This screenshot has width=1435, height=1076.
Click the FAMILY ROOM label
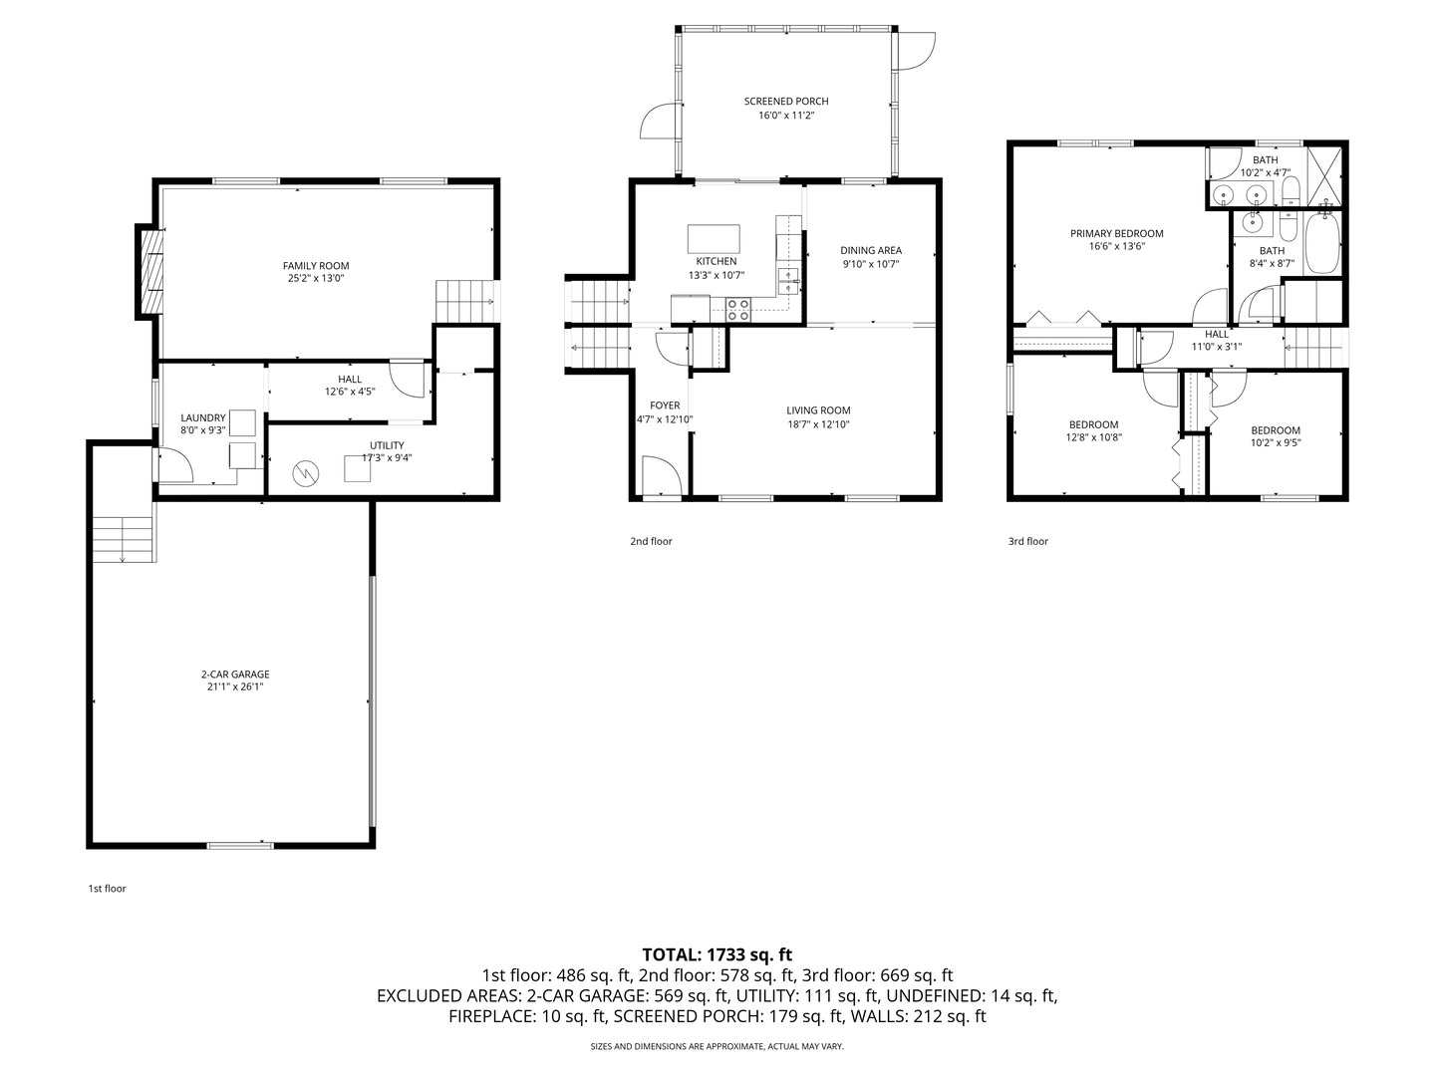click(316, 266)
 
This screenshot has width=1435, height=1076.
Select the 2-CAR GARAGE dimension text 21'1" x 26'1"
click(235, 686)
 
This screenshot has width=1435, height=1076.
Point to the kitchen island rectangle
click(714, 238)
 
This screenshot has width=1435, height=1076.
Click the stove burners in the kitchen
click(738, 310)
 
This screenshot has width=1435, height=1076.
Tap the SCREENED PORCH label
click(786, 102)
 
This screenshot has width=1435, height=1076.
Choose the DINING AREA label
click(871, 250)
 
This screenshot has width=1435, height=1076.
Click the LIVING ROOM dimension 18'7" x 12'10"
click(818, 424)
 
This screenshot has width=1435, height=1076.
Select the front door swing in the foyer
click(662, 475)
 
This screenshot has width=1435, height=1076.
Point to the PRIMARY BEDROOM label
click(1117, 233)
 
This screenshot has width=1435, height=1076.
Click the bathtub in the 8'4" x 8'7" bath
click(1322, 243)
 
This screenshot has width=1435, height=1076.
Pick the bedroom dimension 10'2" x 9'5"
click(1276, 442)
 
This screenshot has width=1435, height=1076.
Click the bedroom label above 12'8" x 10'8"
click(1093, 424)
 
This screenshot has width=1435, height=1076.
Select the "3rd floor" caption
click(1027, 541)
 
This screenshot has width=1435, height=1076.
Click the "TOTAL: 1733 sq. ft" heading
click(717, 954)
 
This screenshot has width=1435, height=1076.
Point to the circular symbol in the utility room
click(305, 473)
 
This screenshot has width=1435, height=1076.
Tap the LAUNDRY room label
click(202, 418)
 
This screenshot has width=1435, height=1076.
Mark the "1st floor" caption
click(108, 889)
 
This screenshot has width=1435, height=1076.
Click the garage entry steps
click(125, 539)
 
